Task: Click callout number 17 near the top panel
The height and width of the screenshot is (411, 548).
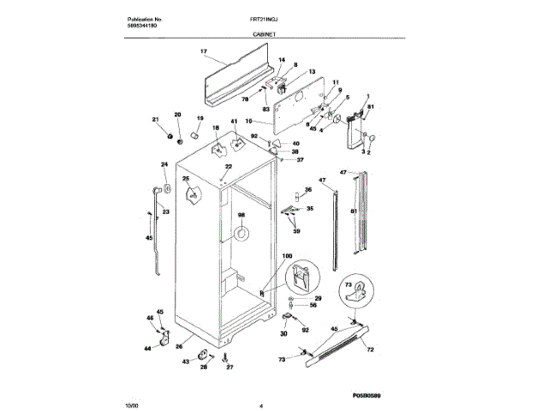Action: point(204,52)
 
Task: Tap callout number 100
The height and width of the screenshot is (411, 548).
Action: point(287,256)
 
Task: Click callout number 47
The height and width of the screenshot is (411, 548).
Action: point(323,181)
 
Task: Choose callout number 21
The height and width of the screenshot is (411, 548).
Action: point(156,119)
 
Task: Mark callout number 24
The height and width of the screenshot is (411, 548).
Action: point(164,164)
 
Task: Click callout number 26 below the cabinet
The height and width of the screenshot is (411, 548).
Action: point(179,347)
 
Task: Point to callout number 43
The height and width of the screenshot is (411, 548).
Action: point(186,361)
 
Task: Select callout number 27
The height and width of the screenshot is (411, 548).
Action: point(229,367)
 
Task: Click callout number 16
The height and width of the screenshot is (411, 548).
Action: point(248,122)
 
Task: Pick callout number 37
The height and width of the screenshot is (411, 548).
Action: point(300,160)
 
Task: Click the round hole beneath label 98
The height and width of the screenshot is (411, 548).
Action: point(241,232)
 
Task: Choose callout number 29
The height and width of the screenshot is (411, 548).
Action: point(318,296)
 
